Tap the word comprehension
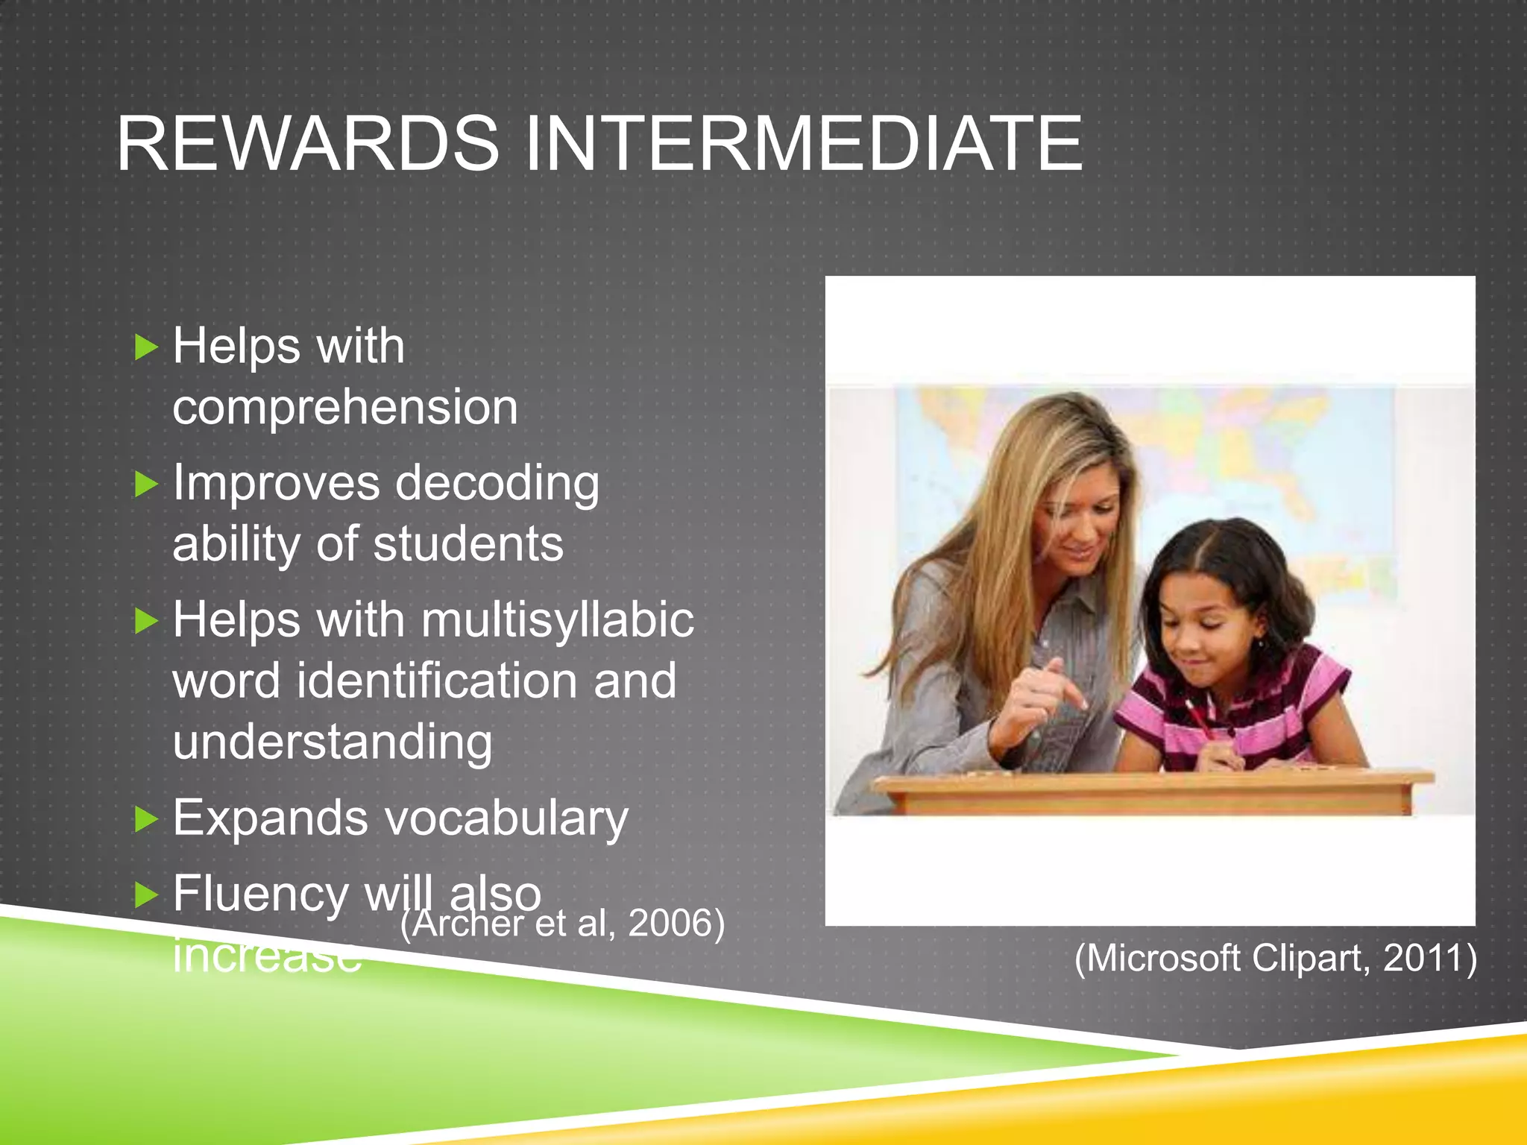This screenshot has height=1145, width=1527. click(345, 409)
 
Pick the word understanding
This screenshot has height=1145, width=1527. click(333, 744)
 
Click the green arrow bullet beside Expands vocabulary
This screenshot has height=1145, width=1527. click(147, 820)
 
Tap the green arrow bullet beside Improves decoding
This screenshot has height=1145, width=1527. click(147, 485)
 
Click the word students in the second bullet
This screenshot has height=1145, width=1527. click(468, 543)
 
